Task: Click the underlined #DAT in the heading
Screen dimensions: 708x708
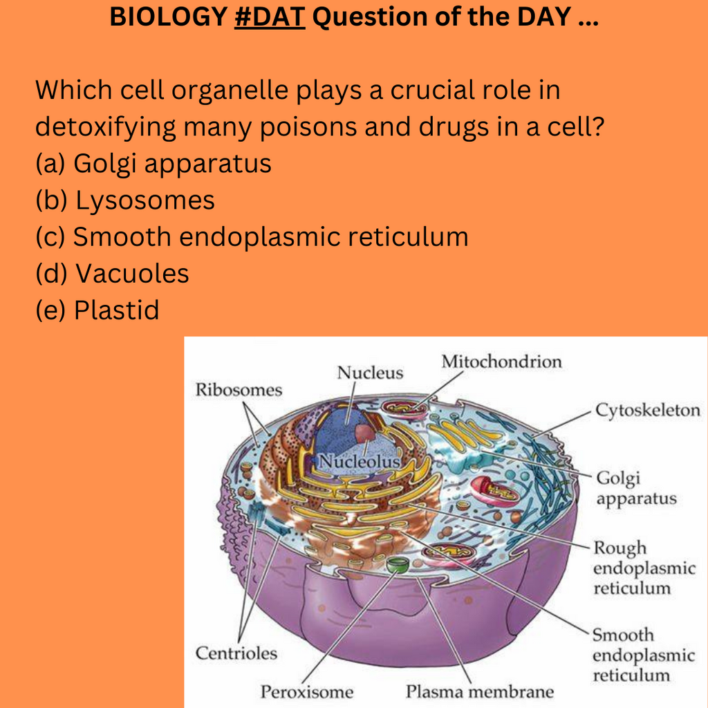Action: click(x=270, y=17)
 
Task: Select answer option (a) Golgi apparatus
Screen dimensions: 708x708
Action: click(x=153, y=163)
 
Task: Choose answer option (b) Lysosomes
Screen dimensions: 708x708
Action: click(x=125, y=200)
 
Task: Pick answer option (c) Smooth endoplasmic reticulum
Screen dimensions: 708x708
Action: click(x=252, y=236)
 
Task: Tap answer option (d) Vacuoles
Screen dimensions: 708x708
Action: click(x=112, y=273)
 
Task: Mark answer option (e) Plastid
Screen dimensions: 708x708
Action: click(x=97, y=310)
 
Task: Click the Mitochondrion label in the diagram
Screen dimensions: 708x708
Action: click(x=502, y=361)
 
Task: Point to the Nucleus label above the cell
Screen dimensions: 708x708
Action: click(x=370, y=373)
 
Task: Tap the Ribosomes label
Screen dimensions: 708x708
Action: click(x=239, y=390)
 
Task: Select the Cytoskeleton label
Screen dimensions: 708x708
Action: click(x=648, y=410)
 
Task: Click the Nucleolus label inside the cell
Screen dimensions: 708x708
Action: click(x=360, y=461)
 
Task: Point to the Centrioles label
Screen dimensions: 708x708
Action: click(x=236, y=653)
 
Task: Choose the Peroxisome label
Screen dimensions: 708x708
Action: click(x=307, y=691)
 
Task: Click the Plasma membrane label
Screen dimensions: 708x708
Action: click(x=480, y=691)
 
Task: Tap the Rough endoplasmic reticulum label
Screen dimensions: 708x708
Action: click(x=644, y=568)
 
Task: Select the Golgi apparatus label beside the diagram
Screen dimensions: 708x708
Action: click(x=636, y=488)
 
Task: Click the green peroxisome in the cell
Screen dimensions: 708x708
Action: click(x=398, y=564)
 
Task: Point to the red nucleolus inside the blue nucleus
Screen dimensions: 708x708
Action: click(x=364, y=434)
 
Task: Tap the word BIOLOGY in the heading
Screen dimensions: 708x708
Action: click(x=168, y=17)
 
